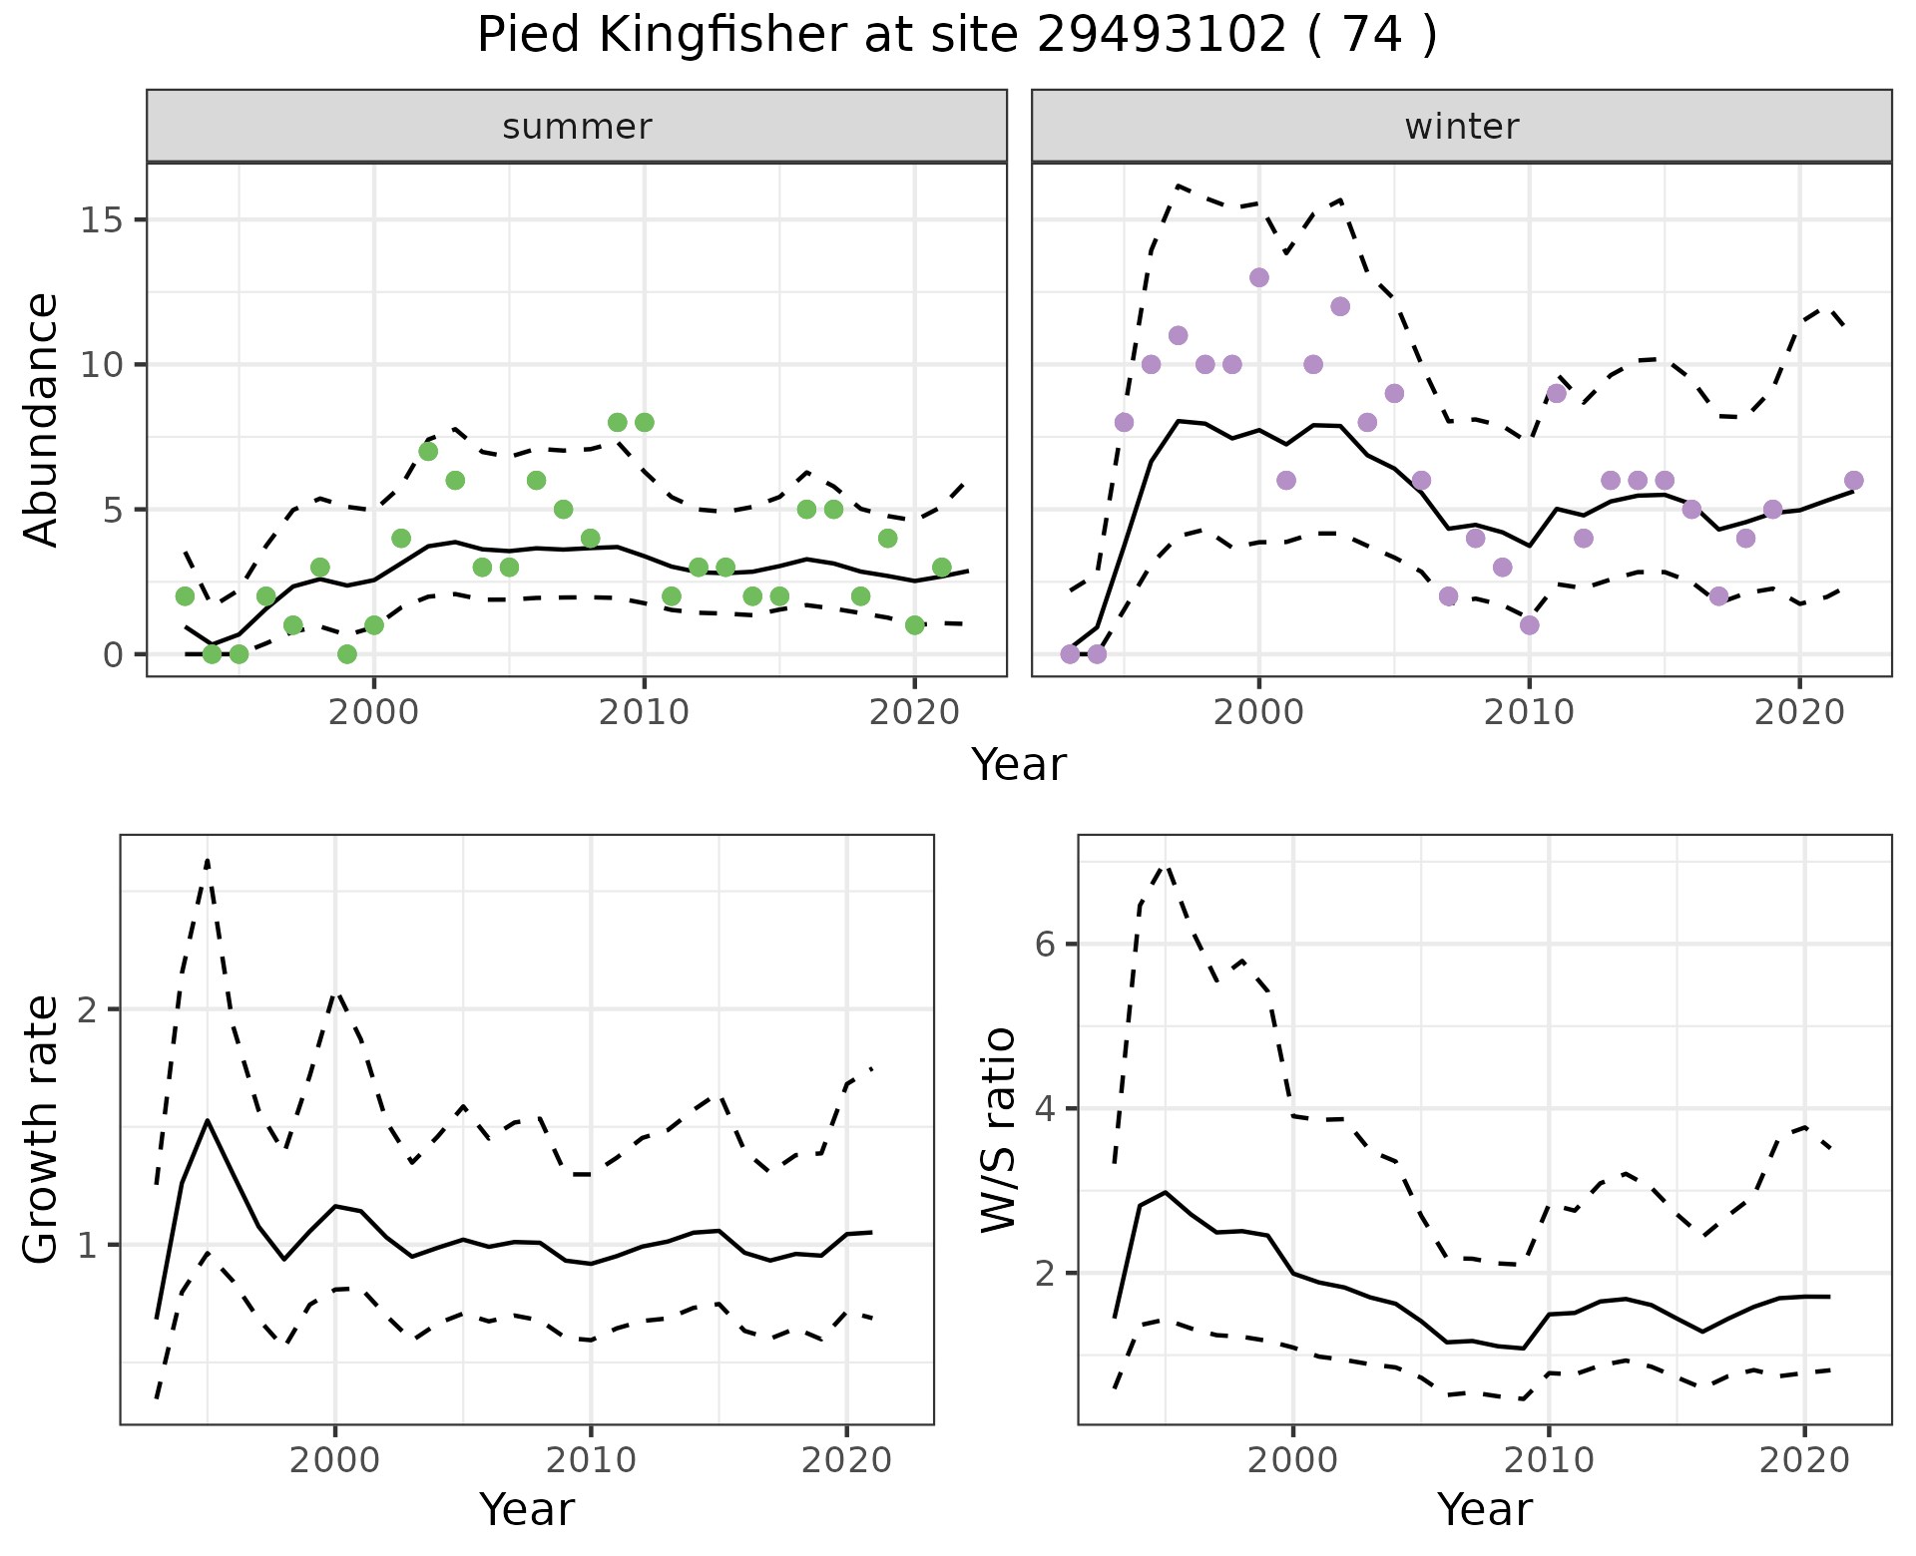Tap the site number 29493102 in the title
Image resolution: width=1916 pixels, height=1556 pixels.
1162,36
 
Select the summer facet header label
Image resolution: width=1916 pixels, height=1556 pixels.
577,127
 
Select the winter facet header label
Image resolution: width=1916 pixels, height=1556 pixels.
1462,127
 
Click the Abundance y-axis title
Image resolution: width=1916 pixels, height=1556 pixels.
41,419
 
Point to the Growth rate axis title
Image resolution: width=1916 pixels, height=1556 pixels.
41,1129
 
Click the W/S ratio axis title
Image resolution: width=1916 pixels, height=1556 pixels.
998,1129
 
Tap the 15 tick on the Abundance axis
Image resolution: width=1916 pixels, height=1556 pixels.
102,220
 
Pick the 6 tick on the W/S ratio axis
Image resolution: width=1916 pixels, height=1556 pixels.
1046,944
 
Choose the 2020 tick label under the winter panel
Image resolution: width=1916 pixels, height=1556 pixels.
1799,712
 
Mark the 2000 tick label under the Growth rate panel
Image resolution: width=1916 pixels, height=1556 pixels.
335,1460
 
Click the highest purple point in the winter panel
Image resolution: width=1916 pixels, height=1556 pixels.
1259,277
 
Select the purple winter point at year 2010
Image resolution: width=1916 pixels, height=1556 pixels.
1530,625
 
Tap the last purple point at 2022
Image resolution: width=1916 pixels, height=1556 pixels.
1854,480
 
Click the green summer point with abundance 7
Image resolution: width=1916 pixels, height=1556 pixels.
428,451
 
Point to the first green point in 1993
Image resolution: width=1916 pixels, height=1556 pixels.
185,596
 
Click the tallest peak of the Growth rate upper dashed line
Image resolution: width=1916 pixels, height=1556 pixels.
208,859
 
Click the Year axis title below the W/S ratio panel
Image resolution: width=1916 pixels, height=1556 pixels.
1485,1510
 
